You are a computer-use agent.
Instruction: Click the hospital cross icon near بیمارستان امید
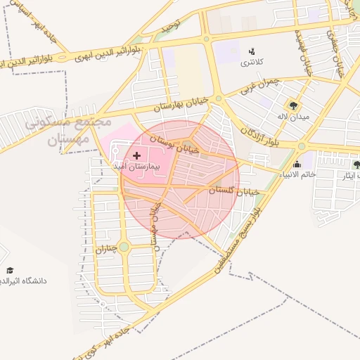point(136,154)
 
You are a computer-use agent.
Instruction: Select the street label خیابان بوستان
point(179,143)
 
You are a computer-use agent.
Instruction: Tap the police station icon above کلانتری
point(252,51)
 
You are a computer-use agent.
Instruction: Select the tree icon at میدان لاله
point(304,106)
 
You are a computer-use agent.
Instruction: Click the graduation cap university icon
point(10,270)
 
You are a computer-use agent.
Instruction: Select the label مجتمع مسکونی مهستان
point(68,130)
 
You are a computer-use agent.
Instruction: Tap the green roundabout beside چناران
point(124,247)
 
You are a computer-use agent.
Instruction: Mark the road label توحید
point(170,27)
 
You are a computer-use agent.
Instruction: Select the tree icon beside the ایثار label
point(356,165)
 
